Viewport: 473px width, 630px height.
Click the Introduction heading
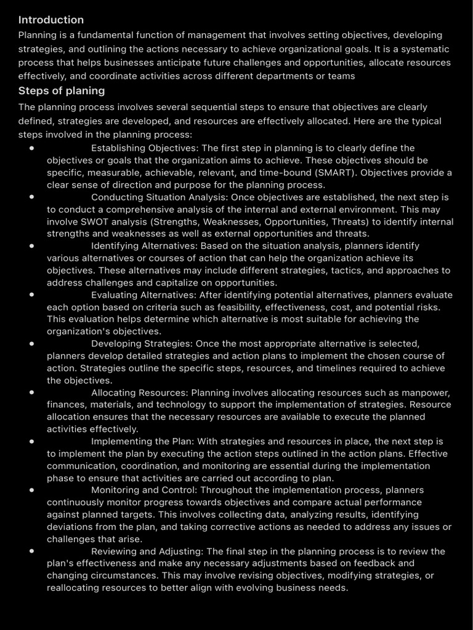(51, 20)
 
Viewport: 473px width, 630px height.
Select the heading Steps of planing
(62, 91)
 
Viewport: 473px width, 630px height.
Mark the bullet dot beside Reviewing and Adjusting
(31, 551)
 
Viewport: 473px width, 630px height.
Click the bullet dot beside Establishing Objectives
(31, 148)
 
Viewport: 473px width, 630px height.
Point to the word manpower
(429, 393)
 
